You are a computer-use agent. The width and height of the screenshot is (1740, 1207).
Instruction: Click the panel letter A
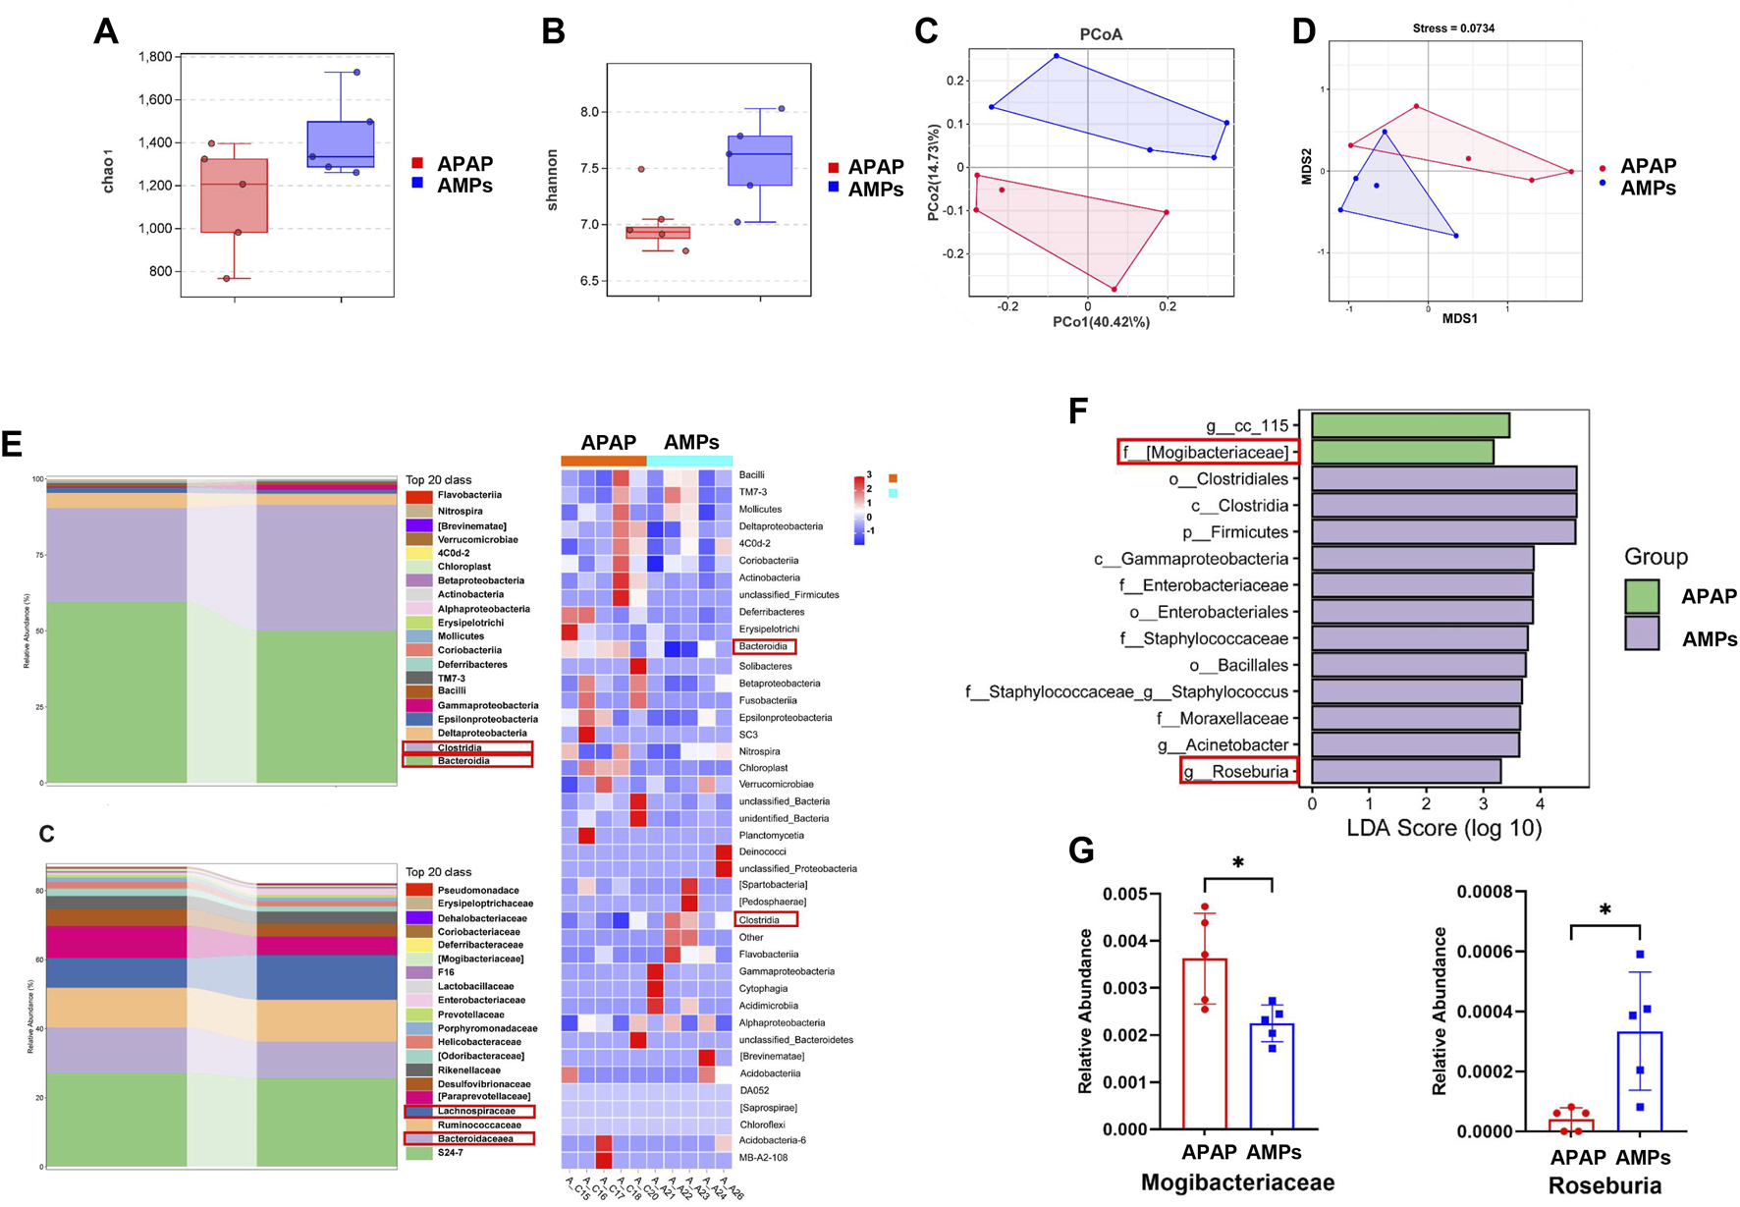[x=105, y=31]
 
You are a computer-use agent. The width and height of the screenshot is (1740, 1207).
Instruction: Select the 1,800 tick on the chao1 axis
[x=154, y=57]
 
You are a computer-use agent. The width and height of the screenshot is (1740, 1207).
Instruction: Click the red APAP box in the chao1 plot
[x=234, y=195]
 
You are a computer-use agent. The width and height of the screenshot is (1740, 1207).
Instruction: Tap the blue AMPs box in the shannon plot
[x=760, y=160]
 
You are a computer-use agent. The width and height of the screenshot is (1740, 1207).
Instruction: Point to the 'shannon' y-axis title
[x=552, y=180]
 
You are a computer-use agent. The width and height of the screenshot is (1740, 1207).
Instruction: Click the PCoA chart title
[x=1101, y=34]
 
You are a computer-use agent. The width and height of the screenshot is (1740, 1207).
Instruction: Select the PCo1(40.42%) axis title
[x=1101, y=322]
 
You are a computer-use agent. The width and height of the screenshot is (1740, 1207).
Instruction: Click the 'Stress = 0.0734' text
[x=1454, y=28]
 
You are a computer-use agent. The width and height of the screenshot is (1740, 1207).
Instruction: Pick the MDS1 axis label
[x=1459, y=318]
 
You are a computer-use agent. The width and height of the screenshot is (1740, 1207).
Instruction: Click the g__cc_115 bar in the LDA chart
[x=1410, y=425]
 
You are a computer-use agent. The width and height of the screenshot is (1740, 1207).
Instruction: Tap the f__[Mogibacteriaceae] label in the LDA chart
[x=1210, y=452]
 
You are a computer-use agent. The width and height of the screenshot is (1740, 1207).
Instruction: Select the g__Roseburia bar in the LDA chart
[x=1405, y=771]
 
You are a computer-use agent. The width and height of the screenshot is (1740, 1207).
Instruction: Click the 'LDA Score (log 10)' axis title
[x=1443, y=827]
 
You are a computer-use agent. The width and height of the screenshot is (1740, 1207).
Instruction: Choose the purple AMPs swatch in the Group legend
[x=1641, y=633]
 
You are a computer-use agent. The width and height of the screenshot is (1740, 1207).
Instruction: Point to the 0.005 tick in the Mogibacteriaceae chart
[x=1125, y=894]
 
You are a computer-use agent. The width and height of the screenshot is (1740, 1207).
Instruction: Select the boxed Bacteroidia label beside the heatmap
[x=764, y=646]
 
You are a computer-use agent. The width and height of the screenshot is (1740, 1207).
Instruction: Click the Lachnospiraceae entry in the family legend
[x=468, y=1111]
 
